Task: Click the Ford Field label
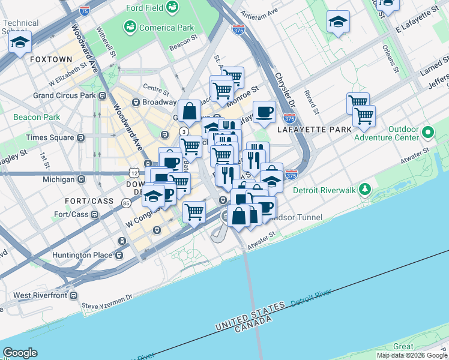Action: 145,8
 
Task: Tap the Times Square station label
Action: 50,137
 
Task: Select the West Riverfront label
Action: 38,295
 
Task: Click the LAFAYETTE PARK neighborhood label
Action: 309,129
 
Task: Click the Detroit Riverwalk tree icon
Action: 364,190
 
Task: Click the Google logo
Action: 20,353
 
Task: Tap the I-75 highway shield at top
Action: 85,11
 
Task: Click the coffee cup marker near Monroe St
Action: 264,111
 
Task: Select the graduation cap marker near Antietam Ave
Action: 338,22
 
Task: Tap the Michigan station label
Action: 59,179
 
